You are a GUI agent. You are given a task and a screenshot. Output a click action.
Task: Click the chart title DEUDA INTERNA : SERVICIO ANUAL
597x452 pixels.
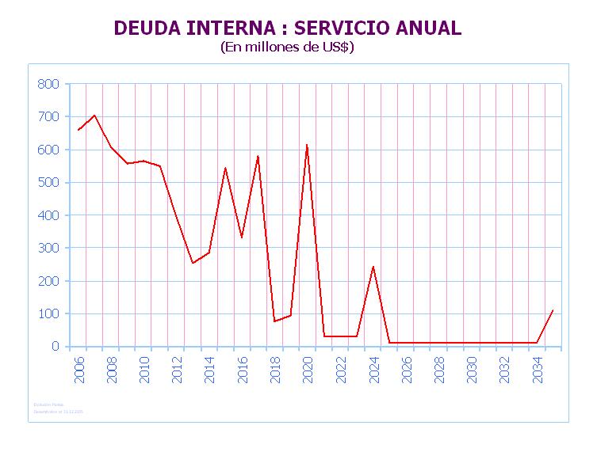(287, 28)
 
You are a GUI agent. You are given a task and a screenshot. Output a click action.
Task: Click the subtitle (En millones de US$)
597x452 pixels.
(287, 47)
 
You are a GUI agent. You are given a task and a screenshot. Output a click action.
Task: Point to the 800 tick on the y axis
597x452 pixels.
(48, 84)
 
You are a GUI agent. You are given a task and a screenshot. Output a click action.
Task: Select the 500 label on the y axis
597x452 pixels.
(48, 182)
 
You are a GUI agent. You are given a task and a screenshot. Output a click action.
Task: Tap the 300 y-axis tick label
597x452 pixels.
(48, 248)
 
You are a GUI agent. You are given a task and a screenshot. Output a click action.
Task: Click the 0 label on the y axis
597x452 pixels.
(55, 347)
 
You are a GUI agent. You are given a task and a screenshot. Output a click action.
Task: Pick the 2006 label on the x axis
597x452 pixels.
(79, 369)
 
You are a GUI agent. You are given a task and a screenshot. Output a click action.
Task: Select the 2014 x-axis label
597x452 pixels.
(209, 369)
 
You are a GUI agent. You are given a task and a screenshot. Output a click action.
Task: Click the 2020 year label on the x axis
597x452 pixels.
(308, 369)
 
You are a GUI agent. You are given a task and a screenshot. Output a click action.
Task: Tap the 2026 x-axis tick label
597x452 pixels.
(406, 369)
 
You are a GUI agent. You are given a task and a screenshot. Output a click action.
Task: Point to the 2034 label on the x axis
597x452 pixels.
(537, 369)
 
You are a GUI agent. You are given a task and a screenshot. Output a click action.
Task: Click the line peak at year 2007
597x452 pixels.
(94, 115)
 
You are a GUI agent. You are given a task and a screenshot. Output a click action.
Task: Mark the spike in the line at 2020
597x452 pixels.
(307, 145)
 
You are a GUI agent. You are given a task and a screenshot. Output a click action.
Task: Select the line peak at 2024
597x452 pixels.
(373, 266)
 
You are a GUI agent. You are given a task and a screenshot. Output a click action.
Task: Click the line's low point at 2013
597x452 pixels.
(193, 263)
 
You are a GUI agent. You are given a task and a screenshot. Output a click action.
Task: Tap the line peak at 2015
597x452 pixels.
(225, 168)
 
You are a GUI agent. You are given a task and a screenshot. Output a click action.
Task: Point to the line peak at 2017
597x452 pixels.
(258, 156)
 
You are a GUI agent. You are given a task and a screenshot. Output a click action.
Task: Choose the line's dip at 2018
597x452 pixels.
(274, 321)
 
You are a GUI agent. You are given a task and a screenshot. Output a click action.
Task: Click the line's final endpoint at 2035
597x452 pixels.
(553, 310)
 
